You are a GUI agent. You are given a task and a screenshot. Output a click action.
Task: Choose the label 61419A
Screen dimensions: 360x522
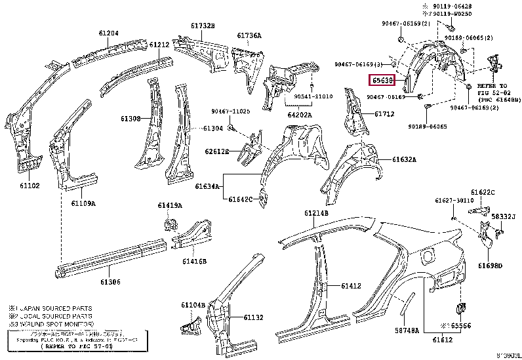pyautogui.click(x=169, y=205)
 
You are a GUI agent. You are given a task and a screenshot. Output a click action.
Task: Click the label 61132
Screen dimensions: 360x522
pyautogui.click(x=253, y=317)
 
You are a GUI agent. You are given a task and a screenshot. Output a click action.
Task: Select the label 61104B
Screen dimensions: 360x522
pyautogui.click(x=193, y=305)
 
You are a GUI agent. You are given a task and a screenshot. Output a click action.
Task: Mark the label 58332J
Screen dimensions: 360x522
pyautogui.click(x=504, y=216)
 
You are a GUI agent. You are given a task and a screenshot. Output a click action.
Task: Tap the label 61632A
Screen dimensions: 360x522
pyautogui.click(x=404, y=159)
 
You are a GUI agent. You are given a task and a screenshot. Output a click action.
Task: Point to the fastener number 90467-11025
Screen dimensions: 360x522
pyautogui.click(x=230, y=111)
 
